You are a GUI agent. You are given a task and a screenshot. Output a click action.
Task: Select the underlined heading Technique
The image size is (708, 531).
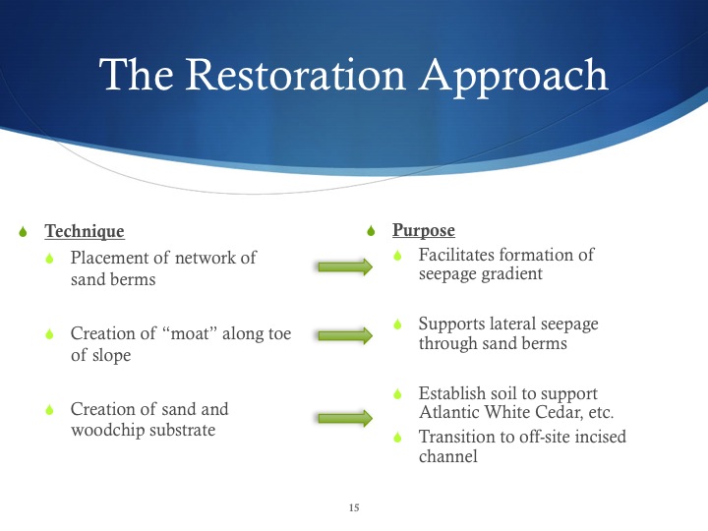pyautogui.click(x=85, y=232)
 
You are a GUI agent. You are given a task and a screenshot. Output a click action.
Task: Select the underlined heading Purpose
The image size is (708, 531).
pyautogui.click(x=424, y=231)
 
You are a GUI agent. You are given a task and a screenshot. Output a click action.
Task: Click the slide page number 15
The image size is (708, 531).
pyautogui.click(x=354, y=508)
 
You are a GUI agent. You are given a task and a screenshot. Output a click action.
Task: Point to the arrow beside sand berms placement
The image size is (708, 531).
pyautogui.click(x=344, y=266)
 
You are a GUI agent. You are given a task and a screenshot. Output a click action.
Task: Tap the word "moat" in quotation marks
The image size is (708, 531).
pyautogui.click(x=193, y=333)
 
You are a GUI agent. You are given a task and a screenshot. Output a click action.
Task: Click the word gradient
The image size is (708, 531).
pyautogui.click(x=510, y=274)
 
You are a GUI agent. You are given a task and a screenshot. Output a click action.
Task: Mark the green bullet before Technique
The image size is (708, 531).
pyautogui.click(x=26, y=233)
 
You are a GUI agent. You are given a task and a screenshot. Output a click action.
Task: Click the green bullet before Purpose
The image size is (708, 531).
pyautogui.click(x=371, y=232)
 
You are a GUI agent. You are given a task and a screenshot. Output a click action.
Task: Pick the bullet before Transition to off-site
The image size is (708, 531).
pyautogui.click(x=398, y=438)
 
